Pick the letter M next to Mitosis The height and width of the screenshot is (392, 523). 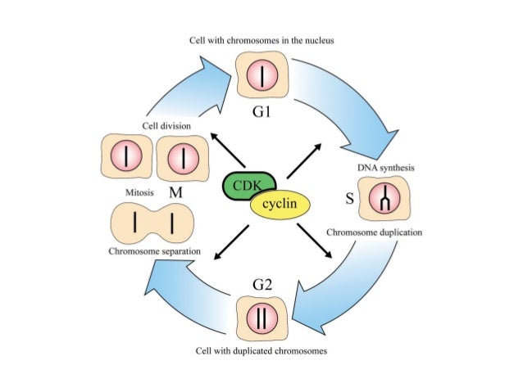tap(174, 193)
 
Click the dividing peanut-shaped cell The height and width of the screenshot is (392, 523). tap(152, 223)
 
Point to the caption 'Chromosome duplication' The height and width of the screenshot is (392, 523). tap(375, 232)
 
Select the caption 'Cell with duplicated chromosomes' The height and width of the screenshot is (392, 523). tap(261, 350)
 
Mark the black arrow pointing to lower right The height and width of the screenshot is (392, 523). tap(316, 243)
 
